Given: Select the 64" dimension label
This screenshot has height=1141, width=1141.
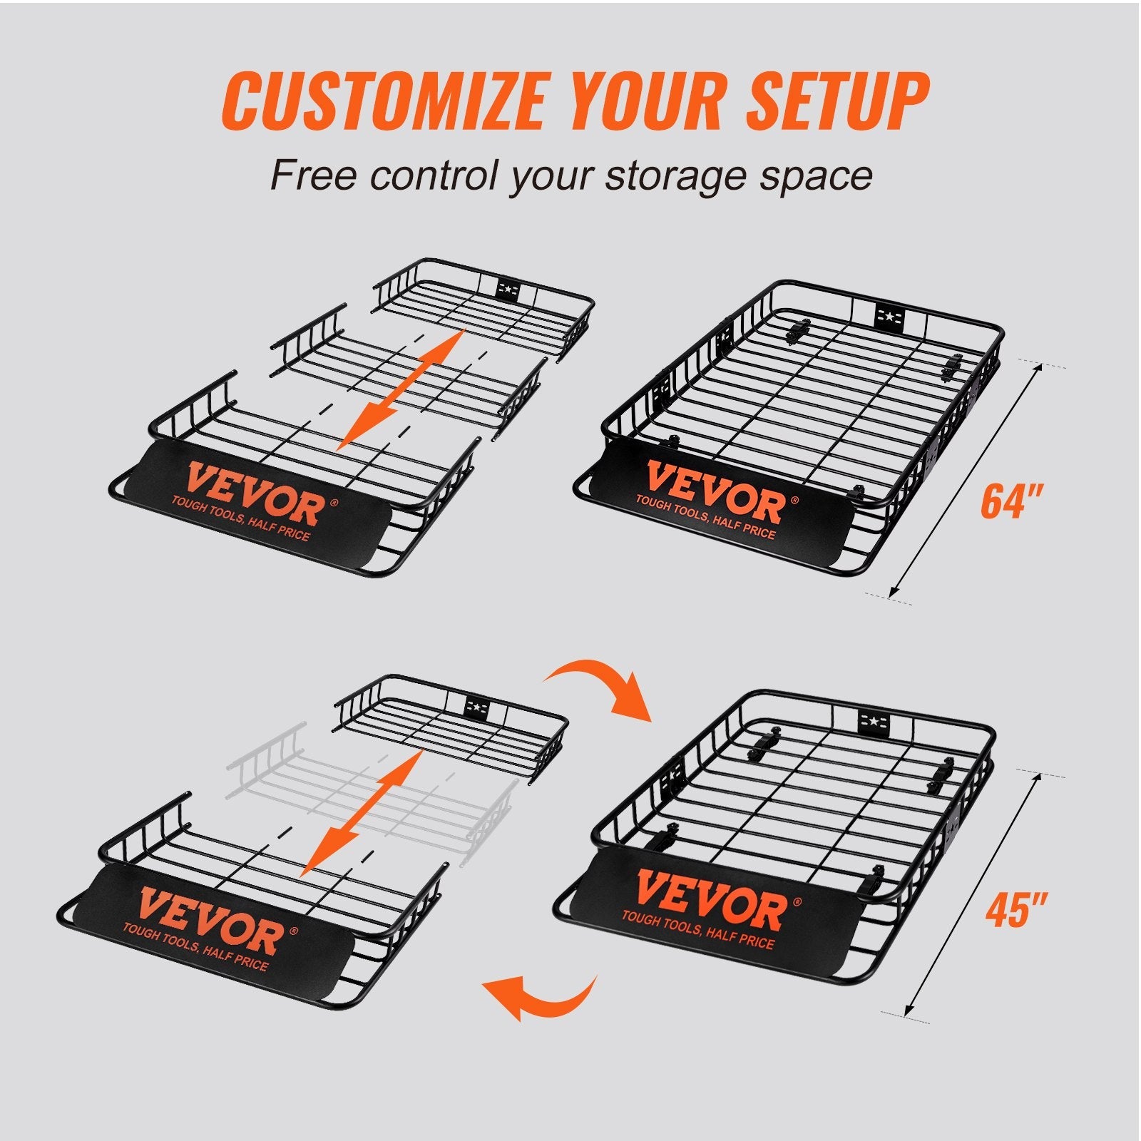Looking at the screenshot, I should (x=1012, y=501).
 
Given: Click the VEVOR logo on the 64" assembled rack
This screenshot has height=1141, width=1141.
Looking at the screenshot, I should (x=713, y=492).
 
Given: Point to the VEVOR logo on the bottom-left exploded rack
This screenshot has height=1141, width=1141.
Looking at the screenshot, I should (x=210, y=916).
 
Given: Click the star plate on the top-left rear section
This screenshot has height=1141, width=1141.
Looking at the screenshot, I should (x=508, y=289).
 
